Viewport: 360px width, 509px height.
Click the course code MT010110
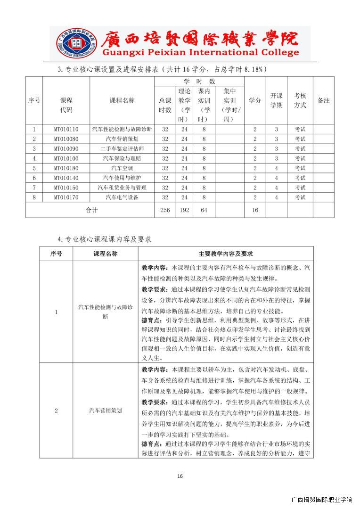click(x=66, y=129)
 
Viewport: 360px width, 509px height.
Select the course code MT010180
click(x=66, y=168)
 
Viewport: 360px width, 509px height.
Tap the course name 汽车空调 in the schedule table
click(x=122, y=168)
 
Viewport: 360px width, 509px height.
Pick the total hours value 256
click(x=165, y=210)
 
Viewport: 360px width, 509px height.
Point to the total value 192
click(x=184, y=210)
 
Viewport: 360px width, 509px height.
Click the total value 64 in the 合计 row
click(x=204, y=210)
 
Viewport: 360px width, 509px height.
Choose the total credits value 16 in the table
click(x=255, y=210)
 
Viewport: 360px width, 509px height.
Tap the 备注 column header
click(x=323, y=100)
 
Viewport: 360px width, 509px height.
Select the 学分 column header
click(x=255, y=100)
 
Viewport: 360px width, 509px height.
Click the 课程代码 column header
click(x=66, y=105)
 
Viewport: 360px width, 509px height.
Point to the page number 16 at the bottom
click(x=180, y=476)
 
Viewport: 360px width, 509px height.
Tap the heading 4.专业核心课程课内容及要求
click(x=104, y=239)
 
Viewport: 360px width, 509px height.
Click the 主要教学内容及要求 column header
click(x=226, y=254)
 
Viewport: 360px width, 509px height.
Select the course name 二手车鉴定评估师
click(x=122, y=148)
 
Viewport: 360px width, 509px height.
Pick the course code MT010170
click(x=66, y=197)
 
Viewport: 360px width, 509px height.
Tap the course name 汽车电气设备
click(x=122, y=197)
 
